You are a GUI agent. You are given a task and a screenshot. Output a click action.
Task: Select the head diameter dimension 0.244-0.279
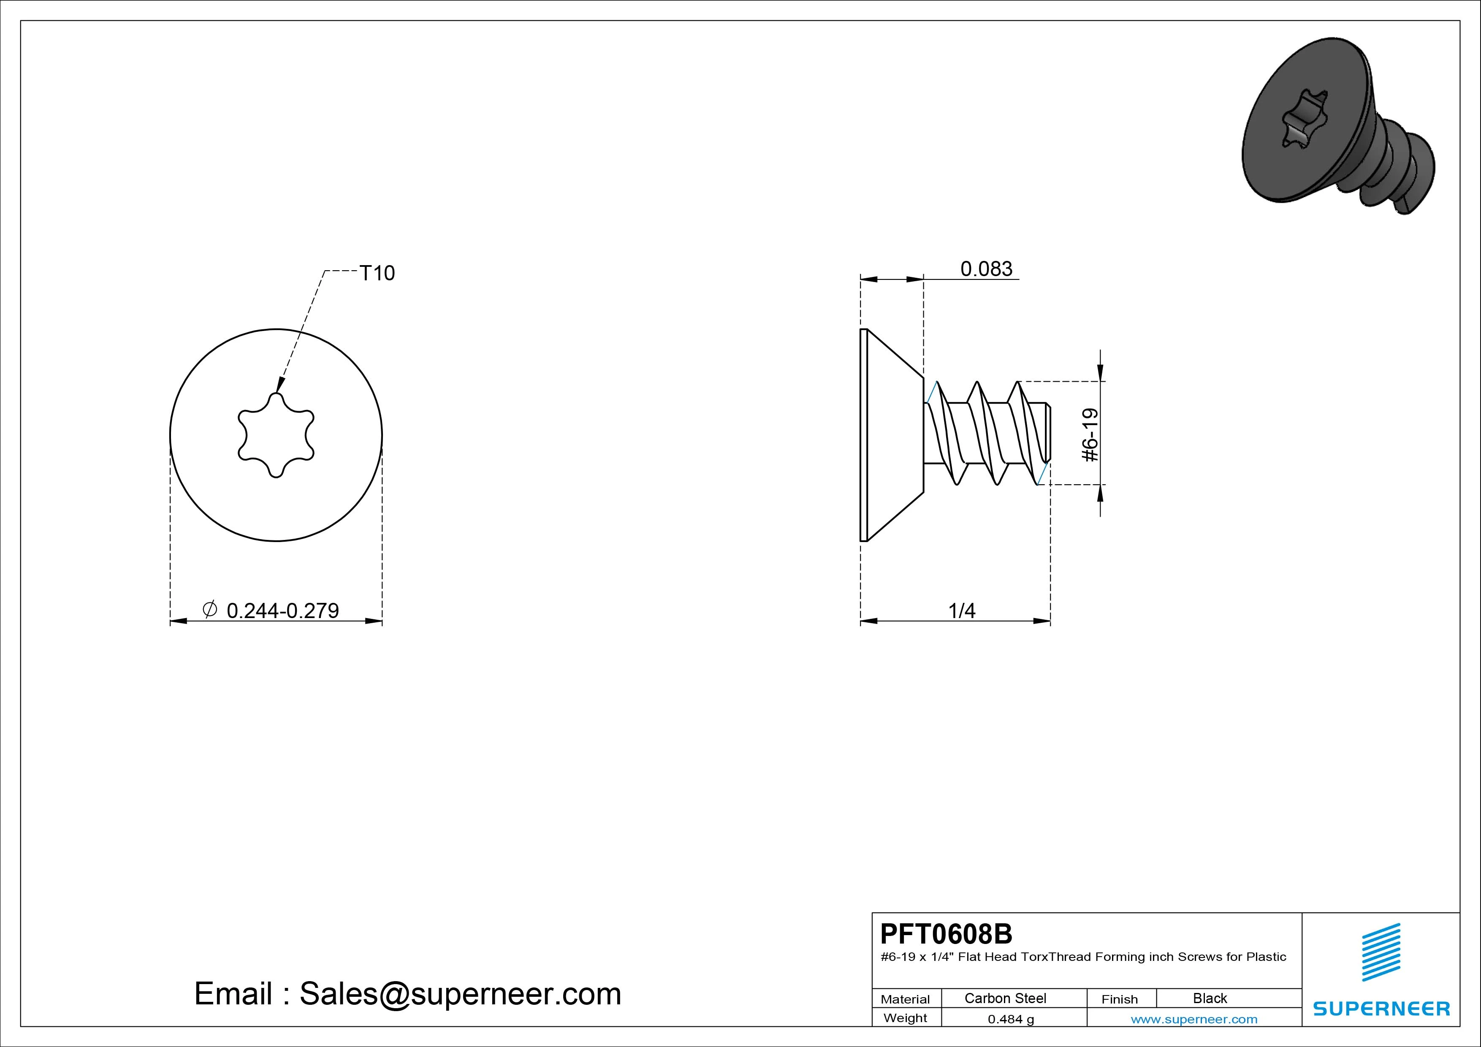[282, 610]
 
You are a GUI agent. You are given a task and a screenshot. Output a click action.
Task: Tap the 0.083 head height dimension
[986, 269]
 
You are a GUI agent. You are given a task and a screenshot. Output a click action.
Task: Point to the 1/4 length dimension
[962, 610]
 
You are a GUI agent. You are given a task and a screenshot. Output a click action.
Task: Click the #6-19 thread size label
[1090, 435]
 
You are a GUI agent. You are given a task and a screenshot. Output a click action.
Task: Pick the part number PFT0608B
[946, 933]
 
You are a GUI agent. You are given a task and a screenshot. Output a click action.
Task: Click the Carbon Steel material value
[1005, 998]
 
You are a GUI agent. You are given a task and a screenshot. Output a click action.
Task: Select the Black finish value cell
[1210, 998]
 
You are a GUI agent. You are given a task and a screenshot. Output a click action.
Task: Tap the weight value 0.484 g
[1011, 1019]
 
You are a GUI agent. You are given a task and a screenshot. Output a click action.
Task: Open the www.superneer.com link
[1194, 1019]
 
